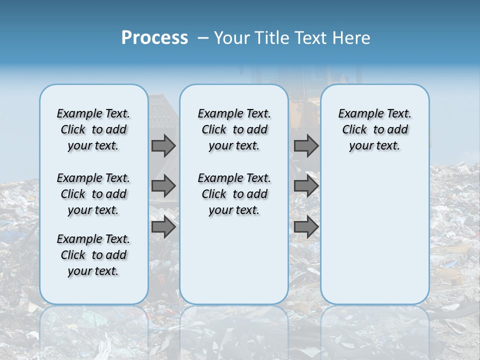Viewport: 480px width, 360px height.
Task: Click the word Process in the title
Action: pyautogui.click(x=154, y=37)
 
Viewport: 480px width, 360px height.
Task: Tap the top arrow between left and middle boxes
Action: pyautogui.click(x=163, y=145)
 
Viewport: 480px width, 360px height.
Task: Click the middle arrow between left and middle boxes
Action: pyautogui.click(x=163, y=186)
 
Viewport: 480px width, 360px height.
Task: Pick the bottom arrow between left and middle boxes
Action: pyautogui.click(x=163, y=227)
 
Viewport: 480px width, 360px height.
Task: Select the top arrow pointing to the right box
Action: pyautogui.click(x=306, y=145)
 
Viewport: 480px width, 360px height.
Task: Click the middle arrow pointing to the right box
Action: pyautogui.click(x=306, y=186)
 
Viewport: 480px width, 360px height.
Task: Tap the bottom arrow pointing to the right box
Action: pyautogui.click(x=306, y=227)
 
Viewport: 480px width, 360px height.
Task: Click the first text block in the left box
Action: pyautogui.click(x=93, y=129)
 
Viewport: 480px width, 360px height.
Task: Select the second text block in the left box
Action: pyautogui.click(x=93, y=194)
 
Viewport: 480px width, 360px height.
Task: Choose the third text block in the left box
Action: pyautogui.click(x=93, y=255)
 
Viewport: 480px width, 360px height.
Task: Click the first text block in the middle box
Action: pyautogui.click(x=234, y=129)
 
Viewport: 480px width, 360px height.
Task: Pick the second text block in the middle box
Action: pyautogui.click(x=234, y=194)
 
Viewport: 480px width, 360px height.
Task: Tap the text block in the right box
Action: pyautogui.click(x=374, y=129)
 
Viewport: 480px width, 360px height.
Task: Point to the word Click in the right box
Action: pyautogui.click(x=354, y=130)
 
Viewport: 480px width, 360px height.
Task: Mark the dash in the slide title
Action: pyautogui.click(x=203, y=38)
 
